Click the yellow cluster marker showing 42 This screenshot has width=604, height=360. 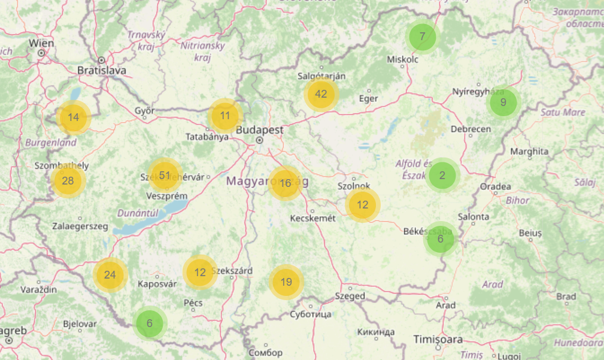tap(321, 94)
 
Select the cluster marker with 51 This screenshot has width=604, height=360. tap(164, 175)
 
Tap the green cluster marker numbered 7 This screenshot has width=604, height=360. tap(423, 37)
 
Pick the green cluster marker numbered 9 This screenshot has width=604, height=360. tap(503, 102)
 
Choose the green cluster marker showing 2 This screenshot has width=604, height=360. tap(442, 176)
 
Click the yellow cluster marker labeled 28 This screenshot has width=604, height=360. tap(68, 180)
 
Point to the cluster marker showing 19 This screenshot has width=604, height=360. tap(286, 282)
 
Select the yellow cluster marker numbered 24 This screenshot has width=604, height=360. tap(110, 275)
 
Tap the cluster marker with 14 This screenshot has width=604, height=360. tap(73, 117)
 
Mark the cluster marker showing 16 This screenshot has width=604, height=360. tap(285, 183)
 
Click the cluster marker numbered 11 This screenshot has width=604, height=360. tap(224, 116)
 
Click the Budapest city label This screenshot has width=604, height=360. tap(260, 130)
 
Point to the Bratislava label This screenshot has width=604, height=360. tap(102, 71)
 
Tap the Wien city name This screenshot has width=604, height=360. tap(41, 43)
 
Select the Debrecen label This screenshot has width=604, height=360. tap(471, 129)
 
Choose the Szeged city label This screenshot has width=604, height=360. tap(351, 296)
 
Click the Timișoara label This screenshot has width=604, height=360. tap(438, 340)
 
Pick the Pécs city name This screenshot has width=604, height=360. tap(193, 303)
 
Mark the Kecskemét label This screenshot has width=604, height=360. tap(312, 218)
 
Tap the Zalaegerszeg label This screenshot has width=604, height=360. tap(80, 226)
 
